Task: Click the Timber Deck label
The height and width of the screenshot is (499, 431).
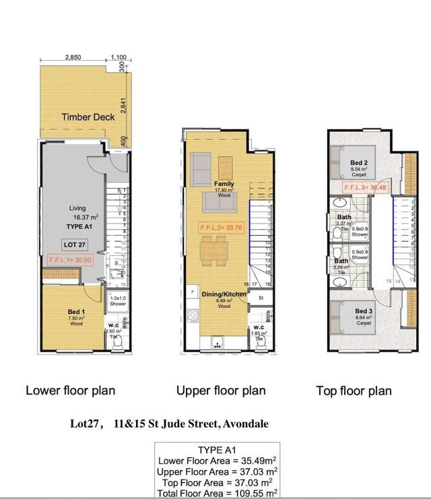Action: (88, 117)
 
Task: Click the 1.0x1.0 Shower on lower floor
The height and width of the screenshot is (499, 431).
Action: (119, 301)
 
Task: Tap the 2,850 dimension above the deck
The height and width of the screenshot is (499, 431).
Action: (73, 58)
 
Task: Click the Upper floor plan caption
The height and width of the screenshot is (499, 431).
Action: (220, 390)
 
